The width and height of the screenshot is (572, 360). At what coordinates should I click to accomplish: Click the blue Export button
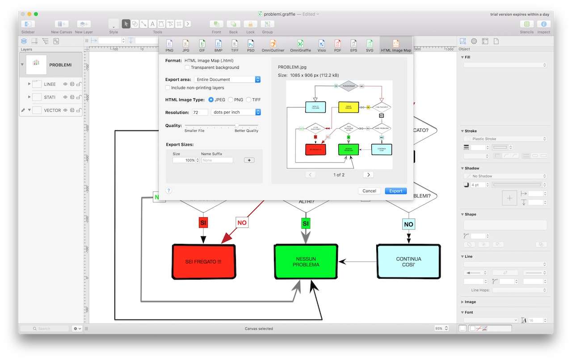click(395, 191)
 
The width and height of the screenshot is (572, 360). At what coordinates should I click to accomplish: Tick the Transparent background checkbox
click(188, 67)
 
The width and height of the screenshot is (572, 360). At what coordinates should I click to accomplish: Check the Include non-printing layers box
click(168, 88)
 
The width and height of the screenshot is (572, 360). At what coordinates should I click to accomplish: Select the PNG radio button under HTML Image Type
click(231, 100)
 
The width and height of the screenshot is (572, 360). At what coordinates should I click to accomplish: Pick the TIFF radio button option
click(249, 100)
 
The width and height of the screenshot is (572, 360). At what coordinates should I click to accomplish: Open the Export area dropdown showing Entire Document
click(227, 80)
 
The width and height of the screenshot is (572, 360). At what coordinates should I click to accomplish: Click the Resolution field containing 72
click(200, 112)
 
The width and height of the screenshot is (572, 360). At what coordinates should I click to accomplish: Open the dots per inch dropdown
click(236, 112)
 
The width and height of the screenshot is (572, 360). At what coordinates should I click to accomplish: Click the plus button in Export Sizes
click(249, 160)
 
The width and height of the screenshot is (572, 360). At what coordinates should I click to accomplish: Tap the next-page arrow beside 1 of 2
click(368, 175)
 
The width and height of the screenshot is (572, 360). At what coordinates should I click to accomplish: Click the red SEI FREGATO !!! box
click(204, 261)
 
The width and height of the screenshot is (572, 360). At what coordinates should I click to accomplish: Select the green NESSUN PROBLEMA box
click(306, 262)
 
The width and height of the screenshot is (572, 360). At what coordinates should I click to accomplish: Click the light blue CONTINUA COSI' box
click(408, 261)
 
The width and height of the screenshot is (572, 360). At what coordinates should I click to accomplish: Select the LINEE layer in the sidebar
click(50, 84)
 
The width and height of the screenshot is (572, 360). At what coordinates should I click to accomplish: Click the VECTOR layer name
click(52, 110)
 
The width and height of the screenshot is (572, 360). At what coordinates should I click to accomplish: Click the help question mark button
click(169, 191)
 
